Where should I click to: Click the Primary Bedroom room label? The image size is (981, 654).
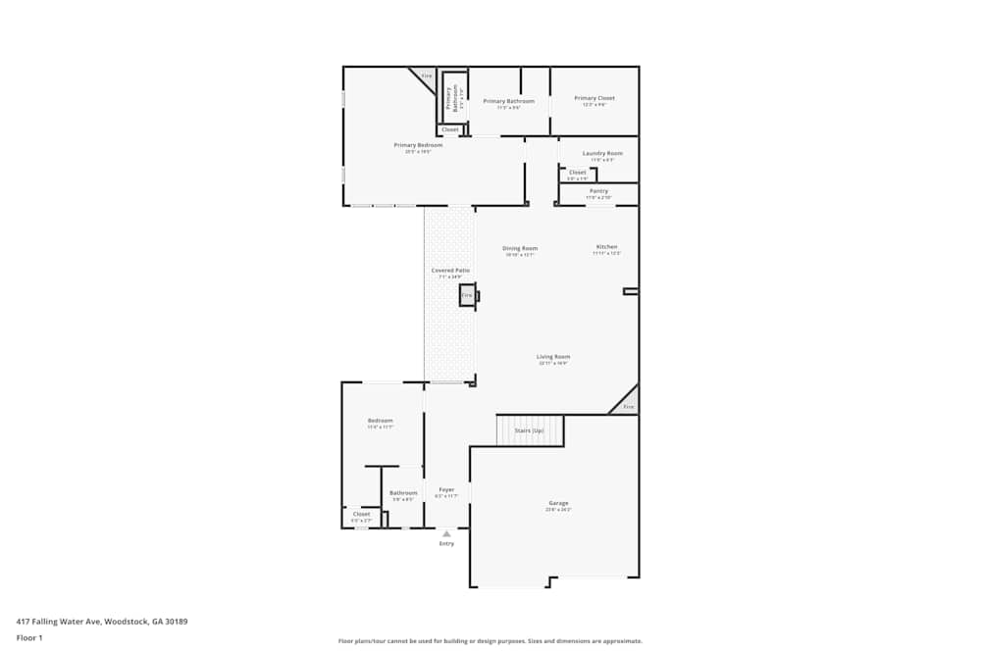click(418, 145)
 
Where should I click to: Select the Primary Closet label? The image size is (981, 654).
click(594, 98)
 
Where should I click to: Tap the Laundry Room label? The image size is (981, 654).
click(602, 153)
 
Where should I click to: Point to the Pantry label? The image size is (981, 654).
click(598, 191)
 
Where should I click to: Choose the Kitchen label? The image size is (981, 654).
click(606, 247)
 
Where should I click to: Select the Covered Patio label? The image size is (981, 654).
click(450, 271)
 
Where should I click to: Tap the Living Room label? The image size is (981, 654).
click(553, 357)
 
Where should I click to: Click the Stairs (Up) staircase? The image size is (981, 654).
click(530, 430)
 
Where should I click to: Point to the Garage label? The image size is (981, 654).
click(558, 503)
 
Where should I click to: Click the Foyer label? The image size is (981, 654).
click(446, 489)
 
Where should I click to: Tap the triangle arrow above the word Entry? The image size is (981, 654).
click(446, 533)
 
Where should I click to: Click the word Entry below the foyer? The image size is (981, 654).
click(446, 543)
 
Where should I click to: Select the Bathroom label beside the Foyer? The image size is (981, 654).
click(403, 493)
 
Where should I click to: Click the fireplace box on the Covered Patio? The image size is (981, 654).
click(467, 295)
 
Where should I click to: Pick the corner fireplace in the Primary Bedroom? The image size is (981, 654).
click(426, 76)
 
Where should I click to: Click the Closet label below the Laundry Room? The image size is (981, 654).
click(578, 173)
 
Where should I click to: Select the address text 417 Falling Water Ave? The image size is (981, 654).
click(102, 621)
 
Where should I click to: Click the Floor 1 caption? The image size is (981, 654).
click(29, 637)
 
